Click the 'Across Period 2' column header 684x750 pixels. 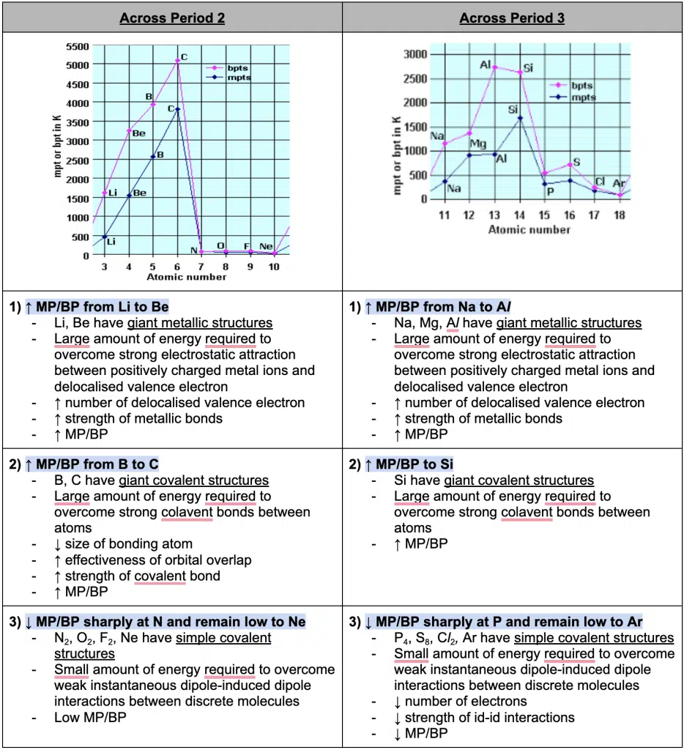(x=172, y=18)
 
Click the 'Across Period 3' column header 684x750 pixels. (x=512, y=18)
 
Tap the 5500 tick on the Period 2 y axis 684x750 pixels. (x=78, y=46)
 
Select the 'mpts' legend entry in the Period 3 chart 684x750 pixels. (x=583, y=97)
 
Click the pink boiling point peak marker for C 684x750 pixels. (x=177, y=61)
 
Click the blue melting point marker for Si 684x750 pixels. (x=520, y=117)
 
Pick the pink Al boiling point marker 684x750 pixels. (x=494, y=67)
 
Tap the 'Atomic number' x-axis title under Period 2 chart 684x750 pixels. (x=187, y=277)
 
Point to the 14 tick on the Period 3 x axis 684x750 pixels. (x=519, y=215)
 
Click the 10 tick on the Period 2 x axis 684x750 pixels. (x=273, y=267)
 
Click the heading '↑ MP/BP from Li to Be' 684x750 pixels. (x=103, y=307)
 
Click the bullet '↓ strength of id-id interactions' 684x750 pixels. (x=484, y=717)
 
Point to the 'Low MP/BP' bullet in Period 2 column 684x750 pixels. (x=89, y=717)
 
